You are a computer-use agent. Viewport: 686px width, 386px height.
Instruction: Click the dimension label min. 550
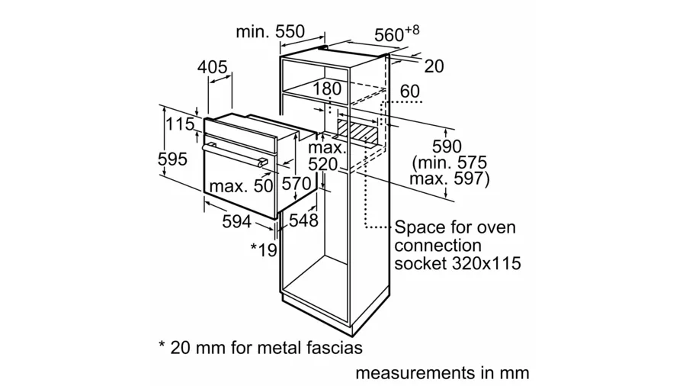(x=270, y=32)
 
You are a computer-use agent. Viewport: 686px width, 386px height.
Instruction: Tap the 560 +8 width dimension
(x=396, y=34)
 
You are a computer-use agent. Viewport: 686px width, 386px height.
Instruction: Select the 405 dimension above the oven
(x=213, y=68)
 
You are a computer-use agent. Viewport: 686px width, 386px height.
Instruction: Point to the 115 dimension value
(x=180, y=125)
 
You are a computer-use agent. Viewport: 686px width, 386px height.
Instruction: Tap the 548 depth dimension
(x=303, y=220)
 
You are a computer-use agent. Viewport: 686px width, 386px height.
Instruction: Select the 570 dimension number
(x=297, y=184)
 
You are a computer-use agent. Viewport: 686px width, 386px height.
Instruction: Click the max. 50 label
(x=241, y=186)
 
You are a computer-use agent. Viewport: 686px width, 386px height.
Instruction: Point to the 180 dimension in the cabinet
(x=328, y=89)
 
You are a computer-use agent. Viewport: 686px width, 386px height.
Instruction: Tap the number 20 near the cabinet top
(x=434, y=67)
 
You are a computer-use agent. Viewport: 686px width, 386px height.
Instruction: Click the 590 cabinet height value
(x=448, y=146)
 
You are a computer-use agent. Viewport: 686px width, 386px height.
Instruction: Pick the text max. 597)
(x=449, y=180)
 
